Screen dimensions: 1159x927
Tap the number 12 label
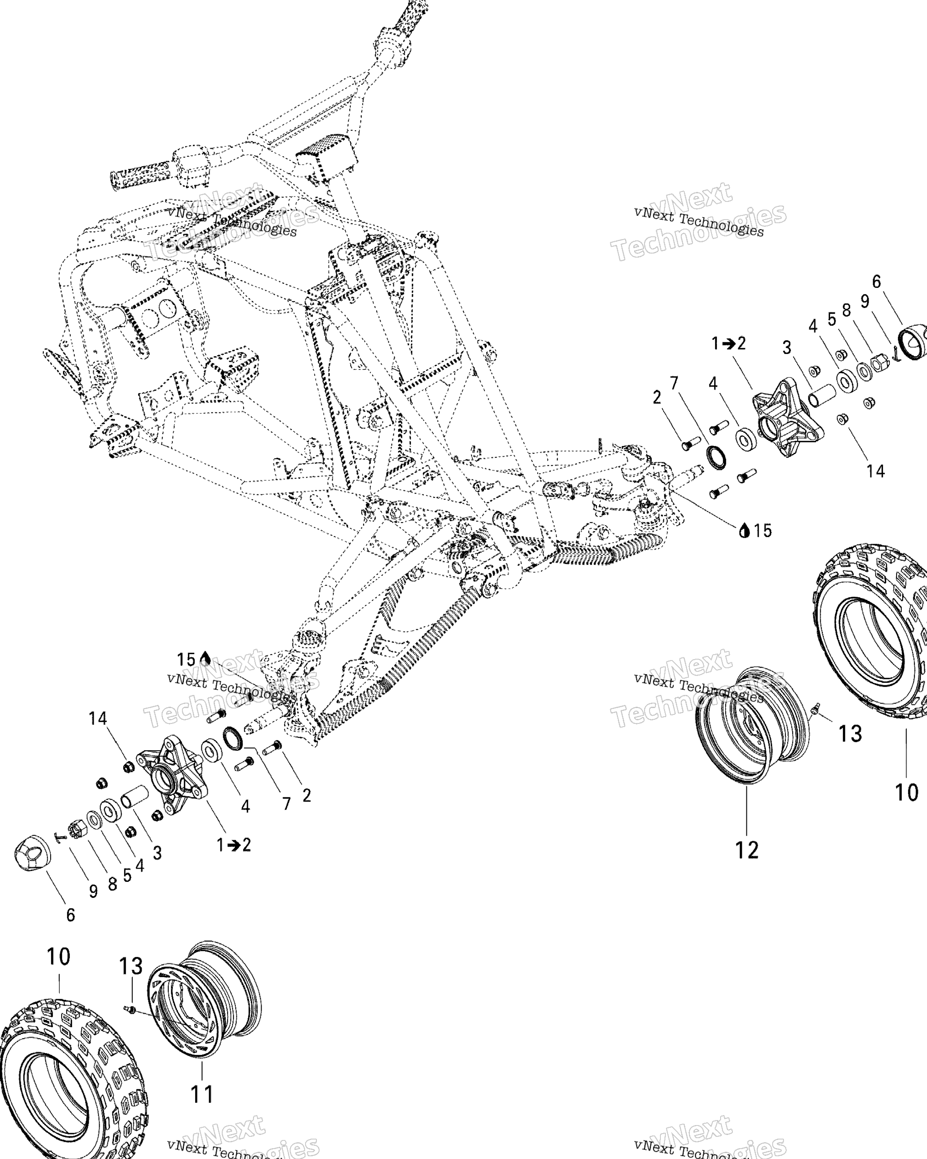(x=746, y=849)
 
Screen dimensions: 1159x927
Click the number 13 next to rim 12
(x=850, y=734)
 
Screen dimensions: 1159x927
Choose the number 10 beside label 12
(x=906, y=792)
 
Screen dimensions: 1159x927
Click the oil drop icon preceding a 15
(x=744, y=531)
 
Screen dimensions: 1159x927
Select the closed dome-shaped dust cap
(x=31, y=851)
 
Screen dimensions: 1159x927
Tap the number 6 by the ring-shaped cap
(x=876, y=281)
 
